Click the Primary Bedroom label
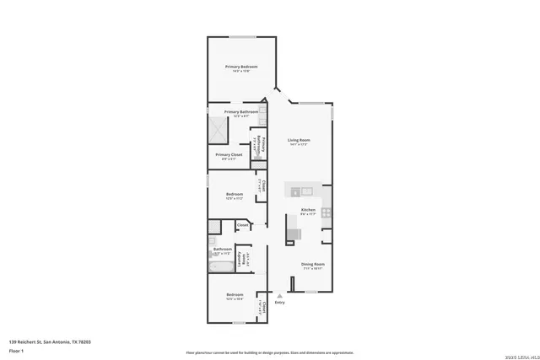(240, 67)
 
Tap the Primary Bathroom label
(240, 111)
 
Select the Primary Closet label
(229, 154)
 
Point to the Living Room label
(299, 140)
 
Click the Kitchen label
(308, 210)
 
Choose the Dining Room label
(314, 264)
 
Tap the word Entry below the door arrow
(279, 303)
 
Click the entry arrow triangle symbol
(279, 295)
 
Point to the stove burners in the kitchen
(326, 212)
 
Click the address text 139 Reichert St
(50, 341)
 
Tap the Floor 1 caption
(16, 350)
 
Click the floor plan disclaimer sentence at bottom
(269, 352)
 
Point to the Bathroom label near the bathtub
(222, 249)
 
